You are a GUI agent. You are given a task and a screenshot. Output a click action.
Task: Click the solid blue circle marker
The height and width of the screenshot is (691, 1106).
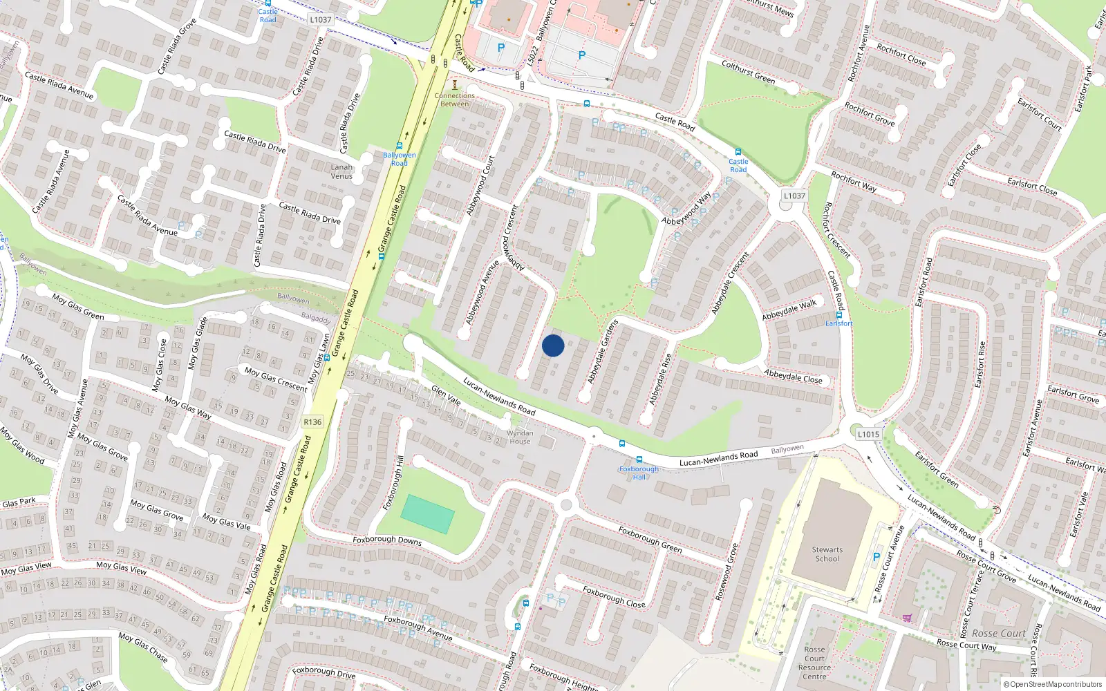[553, 345]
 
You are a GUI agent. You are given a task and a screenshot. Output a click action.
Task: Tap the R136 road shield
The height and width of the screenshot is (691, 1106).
[312, 422]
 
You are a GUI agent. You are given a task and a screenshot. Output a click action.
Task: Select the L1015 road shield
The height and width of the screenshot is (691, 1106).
[868, 434]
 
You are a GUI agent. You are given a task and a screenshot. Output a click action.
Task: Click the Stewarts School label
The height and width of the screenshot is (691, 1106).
[827, 554]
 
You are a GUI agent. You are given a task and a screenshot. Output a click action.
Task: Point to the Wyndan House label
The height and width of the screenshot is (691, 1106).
[520, 437]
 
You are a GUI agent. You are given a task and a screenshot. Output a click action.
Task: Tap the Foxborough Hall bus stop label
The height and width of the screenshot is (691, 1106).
[639, 473]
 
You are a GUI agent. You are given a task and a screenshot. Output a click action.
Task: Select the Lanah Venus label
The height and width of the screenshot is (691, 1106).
[341, 171]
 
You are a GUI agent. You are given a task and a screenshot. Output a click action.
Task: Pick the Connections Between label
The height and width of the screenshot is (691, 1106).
[454, 100]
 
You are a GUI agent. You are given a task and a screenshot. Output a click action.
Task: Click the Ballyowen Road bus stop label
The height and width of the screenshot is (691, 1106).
[400, 159]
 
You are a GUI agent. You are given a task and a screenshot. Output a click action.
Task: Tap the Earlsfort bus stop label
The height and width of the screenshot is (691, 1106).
[839, 323]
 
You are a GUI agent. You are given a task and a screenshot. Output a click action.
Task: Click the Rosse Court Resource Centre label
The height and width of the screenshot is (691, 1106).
[814, 663]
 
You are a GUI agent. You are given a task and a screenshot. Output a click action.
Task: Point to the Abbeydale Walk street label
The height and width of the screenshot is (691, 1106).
[789, 310]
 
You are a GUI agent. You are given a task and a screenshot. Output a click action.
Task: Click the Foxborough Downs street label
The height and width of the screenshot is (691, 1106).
[387, 540]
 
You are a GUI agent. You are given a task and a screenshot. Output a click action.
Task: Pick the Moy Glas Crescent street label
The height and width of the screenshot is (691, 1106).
[276, 379]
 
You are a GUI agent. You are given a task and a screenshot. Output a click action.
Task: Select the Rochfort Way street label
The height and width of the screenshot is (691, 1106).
[854, 182]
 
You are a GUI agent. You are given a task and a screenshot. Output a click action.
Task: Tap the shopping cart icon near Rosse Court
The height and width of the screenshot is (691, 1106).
[906, 618]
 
